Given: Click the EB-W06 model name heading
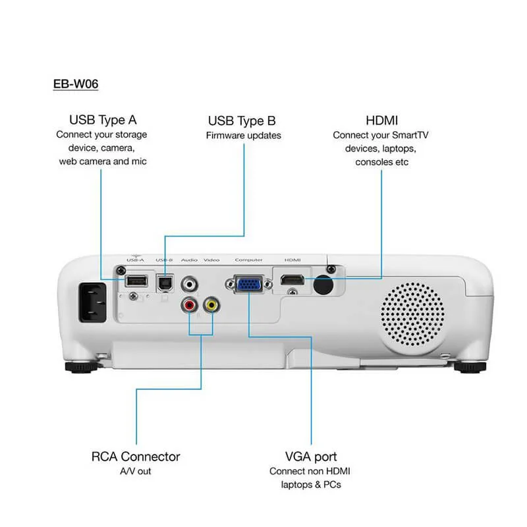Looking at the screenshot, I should [76, 84].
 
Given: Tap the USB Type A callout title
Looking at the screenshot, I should [103, 120].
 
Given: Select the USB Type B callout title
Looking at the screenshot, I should [242, 121].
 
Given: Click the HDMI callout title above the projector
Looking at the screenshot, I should [381, 120].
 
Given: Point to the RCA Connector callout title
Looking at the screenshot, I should [135, 457].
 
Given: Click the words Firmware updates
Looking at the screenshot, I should [243, 136].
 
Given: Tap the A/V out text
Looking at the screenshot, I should [135, 472].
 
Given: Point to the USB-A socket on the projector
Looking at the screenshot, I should [136, 281].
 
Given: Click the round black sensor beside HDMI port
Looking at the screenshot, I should [322, 284].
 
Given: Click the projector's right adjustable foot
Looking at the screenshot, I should [470, 366].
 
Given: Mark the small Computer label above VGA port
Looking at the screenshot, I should [248, 260].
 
